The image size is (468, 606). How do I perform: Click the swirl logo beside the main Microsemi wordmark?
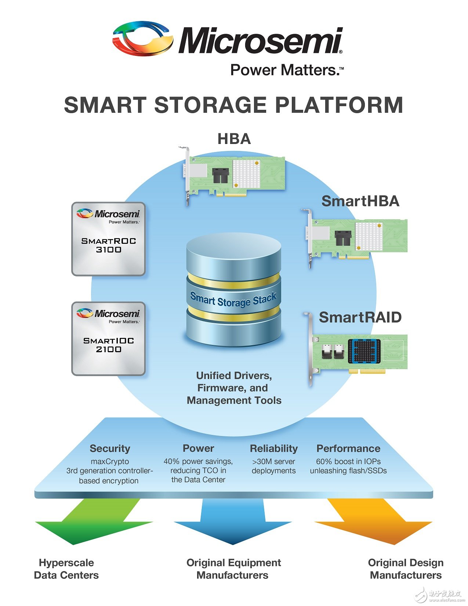pos(142,39)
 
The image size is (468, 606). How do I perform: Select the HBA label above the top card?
pos(234,139)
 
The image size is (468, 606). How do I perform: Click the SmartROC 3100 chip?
pos(108,239)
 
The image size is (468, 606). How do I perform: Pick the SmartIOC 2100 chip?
pos(108,339)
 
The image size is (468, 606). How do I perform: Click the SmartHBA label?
pos(360,201)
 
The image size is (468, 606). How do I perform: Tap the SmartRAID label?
pos(360,317)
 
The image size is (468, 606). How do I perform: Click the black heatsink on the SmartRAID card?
pos(364,351)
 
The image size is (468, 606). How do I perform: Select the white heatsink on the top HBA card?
pos(246,173)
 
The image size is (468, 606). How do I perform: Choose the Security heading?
pos(110,448)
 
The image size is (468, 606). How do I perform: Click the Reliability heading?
pos(273,448)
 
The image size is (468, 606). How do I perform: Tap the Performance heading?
pos(348,448)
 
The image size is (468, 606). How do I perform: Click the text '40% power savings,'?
pos(198,461)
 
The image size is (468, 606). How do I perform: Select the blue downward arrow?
pos(233,523)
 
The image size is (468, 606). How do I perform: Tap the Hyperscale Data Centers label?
pos(66,569)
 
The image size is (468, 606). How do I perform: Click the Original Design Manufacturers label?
pos(406,569)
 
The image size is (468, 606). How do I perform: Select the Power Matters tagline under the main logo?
pos(287,70)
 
